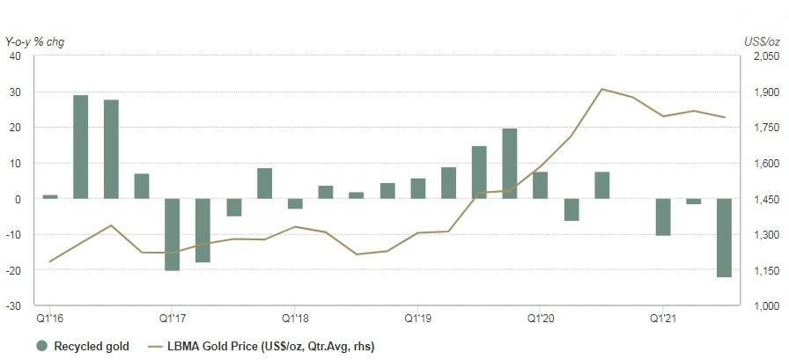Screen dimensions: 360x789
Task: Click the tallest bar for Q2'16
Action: [80, 147]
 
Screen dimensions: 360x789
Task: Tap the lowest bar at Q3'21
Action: [725, 238]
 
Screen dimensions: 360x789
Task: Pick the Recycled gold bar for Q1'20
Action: [541, 185]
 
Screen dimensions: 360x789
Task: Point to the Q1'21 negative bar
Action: [663, 217]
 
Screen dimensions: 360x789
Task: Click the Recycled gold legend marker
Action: [41, 346]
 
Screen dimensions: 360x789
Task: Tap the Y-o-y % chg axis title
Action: [35, 41]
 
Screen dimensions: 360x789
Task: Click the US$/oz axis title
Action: [759, 41]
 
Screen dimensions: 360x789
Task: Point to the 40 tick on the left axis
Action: [15, 56]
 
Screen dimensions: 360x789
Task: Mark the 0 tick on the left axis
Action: [18, 199]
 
